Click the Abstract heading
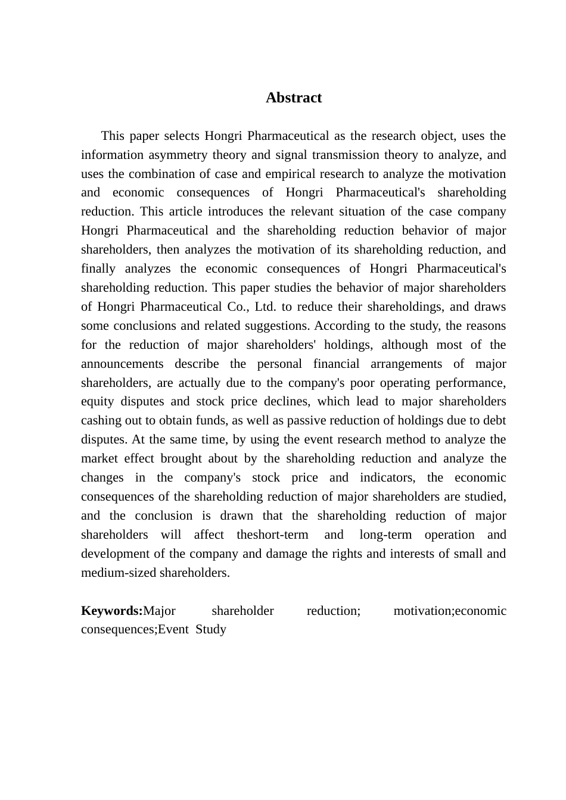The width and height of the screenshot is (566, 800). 293,98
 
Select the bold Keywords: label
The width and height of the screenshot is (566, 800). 112,611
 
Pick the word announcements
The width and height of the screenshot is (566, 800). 122,364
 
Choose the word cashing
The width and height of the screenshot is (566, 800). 101,420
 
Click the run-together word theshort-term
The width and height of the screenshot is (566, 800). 272,535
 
